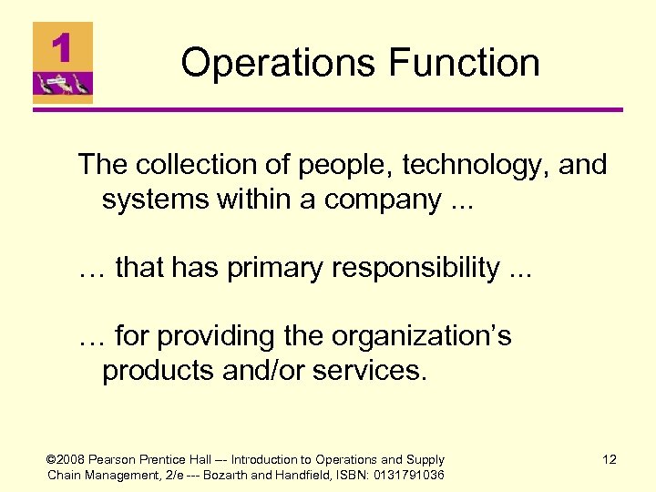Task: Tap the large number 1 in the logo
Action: tap(62, 47)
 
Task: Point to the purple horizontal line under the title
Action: tap(328, 111)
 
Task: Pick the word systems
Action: tap(157, 199)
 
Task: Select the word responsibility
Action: tap(425, 268)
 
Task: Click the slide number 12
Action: tap(610, 460)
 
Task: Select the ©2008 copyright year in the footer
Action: tap(63, 460)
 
